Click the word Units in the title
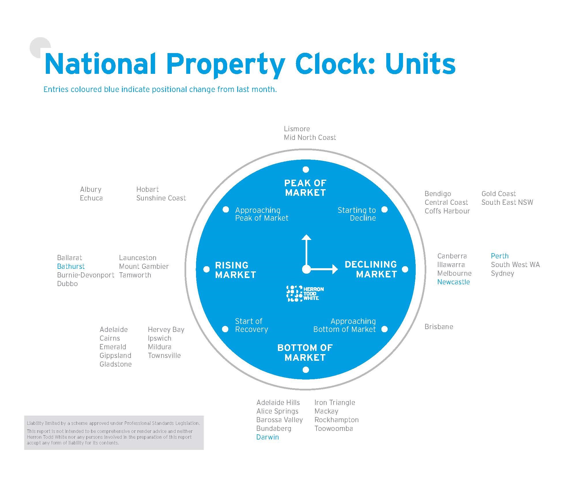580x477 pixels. tap(420, 64)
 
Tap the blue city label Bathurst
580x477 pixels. tap(71, 266)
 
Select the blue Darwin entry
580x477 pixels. tap(268, 437)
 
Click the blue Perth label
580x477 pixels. tap(500, 256)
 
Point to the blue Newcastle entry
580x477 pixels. tap(453, 282)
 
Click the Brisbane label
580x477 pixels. tap(439, 327)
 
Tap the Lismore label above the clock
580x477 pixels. tap(297, 129)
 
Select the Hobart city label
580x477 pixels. tap(148, 189)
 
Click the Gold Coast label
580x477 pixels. tap(499, 194)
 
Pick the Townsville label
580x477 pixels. tap(164, 356)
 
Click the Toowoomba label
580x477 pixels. tap(334, 429)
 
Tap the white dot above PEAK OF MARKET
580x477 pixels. tap(306, 170)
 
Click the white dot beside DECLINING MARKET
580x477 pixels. tap(405, 269)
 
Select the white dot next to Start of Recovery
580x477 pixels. tap(225, 329)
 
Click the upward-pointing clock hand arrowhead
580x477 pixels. tap(306, 238)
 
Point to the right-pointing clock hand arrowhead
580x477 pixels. tap(335, 269)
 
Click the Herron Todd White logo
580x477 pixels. tap(305, 294)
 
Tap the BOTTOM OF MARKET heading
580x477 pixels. tap(305, 353)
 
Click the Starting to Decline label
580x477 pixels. tap(357, 214)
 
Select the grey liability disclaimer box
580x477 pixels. tap(114, 433)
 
